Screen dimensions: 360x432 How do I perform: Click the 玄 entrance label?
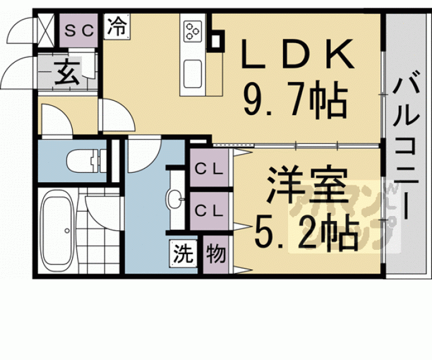coord(68,75)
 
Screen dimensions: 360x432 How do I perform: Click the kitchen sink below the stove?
coord(193,69)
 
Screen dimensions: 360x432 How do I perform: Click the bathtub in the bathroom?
coord(58,231)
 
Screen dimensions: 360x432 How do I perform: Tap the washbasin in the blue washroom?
coord(175,200)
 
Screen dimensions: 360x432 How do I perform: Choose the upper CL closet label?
coord(208,168)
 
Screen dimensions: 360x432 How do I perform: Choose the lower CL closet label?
coord(208,210)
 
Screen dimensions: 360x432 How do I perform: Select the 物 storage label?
coord(215,254)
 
